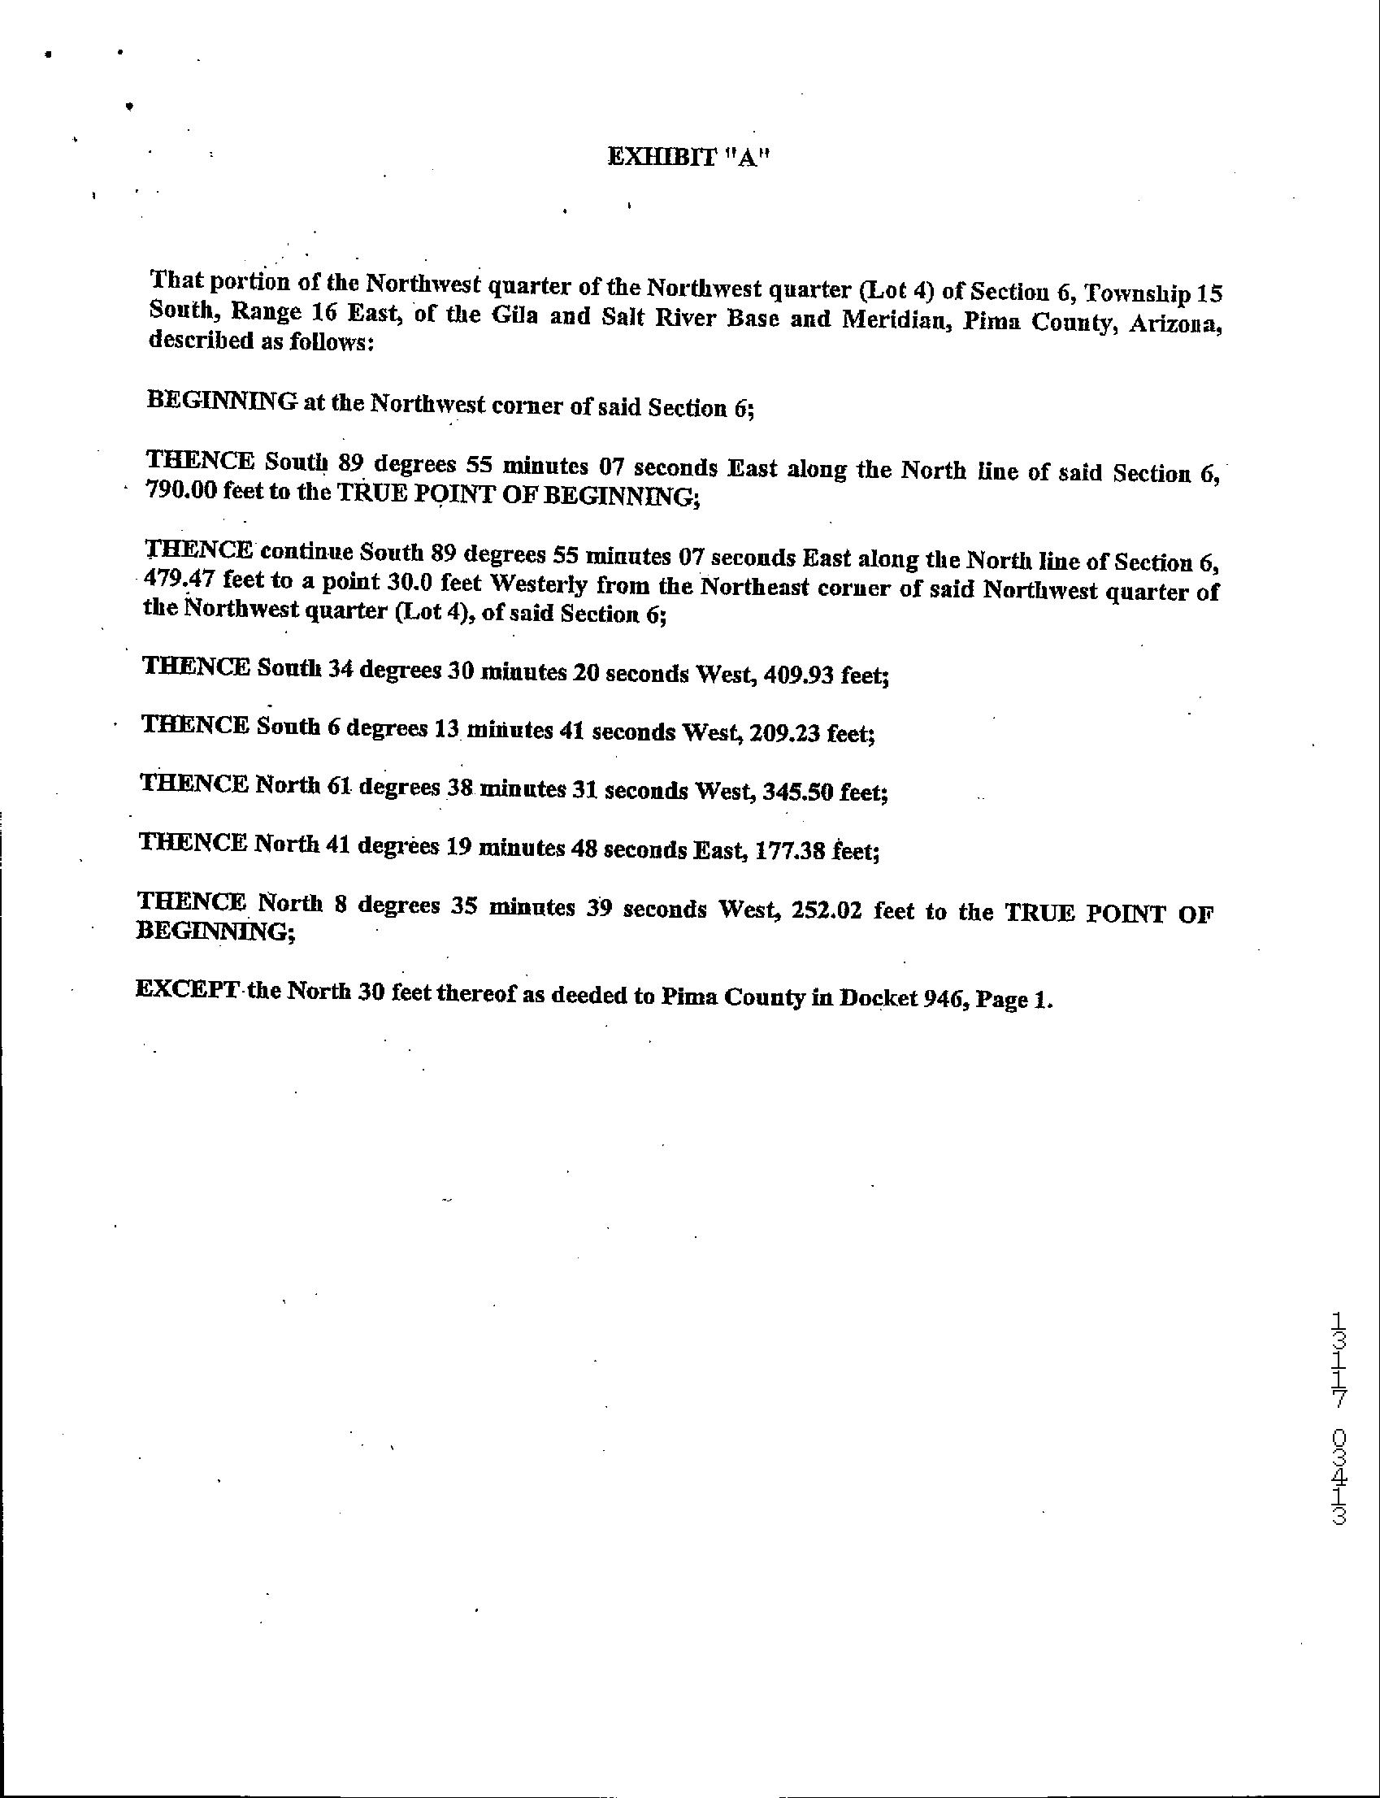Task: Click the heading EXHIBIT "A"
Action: pyautogui.click(x=688, y=158)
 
